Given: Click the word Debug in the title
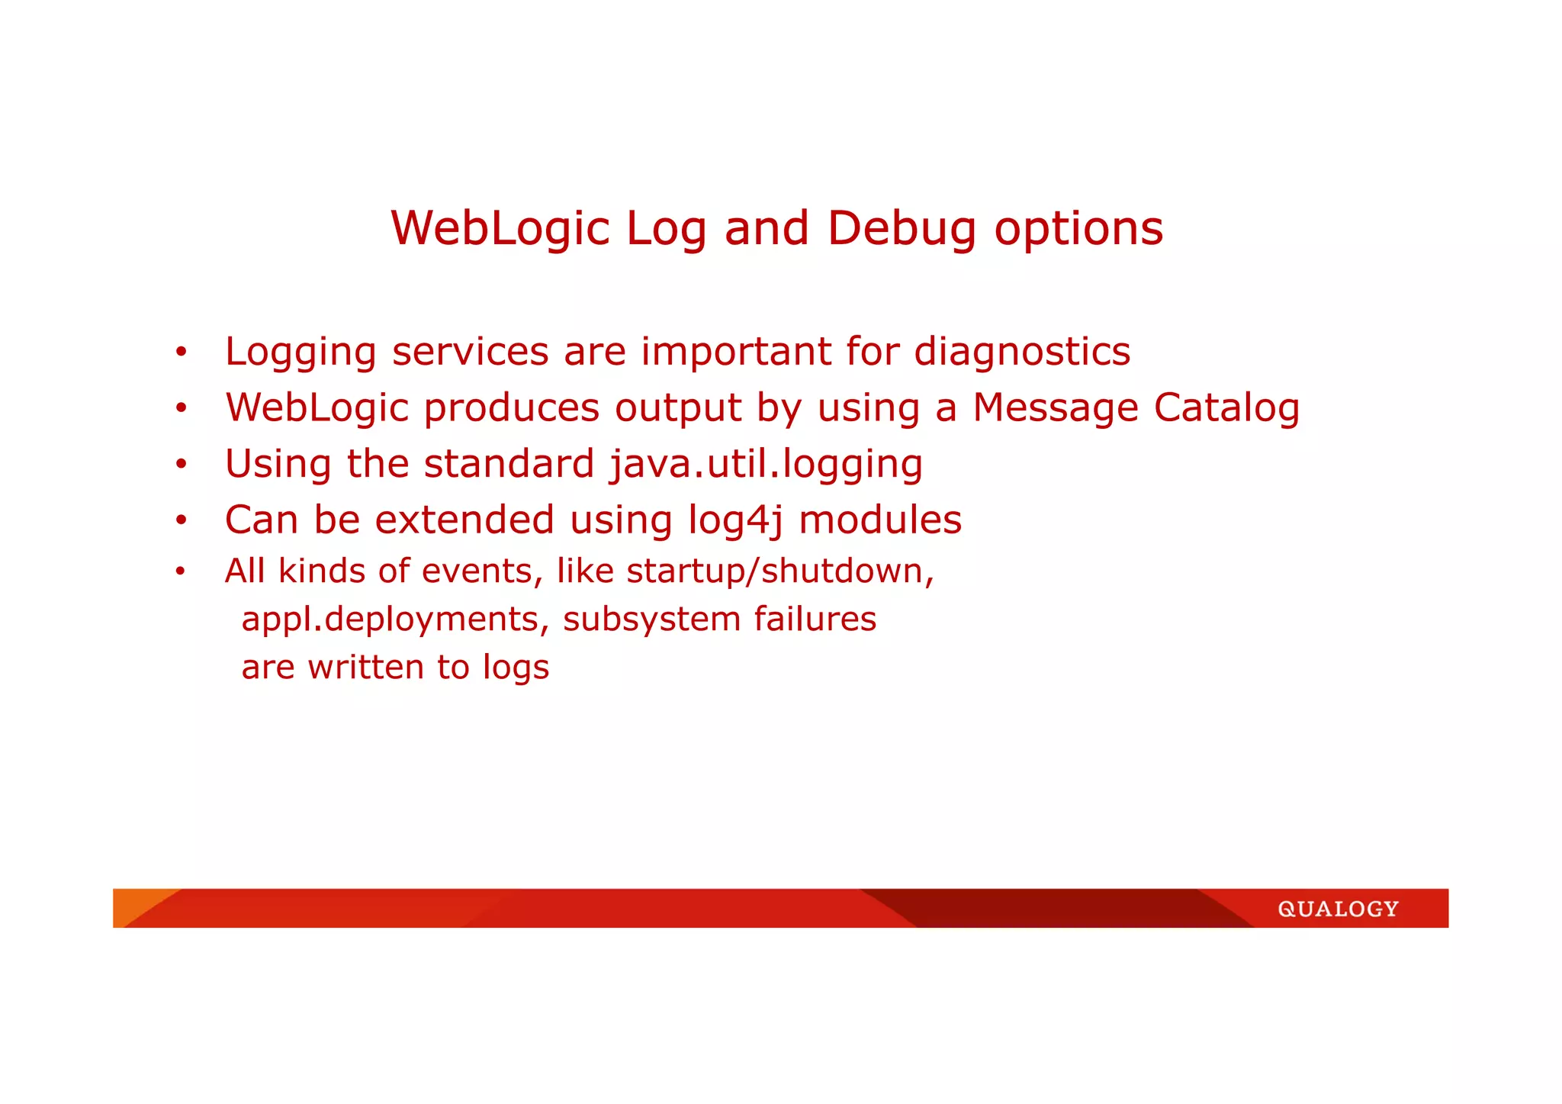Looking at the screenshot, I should click(902, 228).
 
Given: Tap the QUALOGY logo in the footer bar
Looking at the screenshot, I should click(1338, 909).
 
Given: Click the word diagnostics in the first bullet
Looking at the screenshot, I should click(1022, 352).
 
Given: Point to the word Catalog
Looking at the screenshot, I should click(1226, 407).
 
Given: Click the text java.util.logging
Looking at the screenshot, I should click(766, 464).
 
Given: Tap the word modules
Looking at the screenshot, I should click(880, 520).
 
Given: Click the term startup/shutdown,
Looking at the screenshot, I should click(780, 571).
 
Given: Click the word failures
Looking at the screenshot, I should click(815, 619).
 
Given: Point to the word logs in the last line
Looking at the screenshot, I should click(516, 668).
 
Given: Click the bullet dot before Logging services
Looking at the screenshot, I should click(181, 353).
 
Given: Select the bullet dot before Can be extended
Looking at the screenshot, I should click(181, 522).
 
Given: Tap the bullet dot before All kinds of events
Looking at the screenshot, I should click(180, 572).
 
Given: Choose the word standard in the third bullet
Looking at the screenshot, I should click(509, 464).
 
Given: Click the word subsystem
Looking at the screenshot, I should click(651, 619).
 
